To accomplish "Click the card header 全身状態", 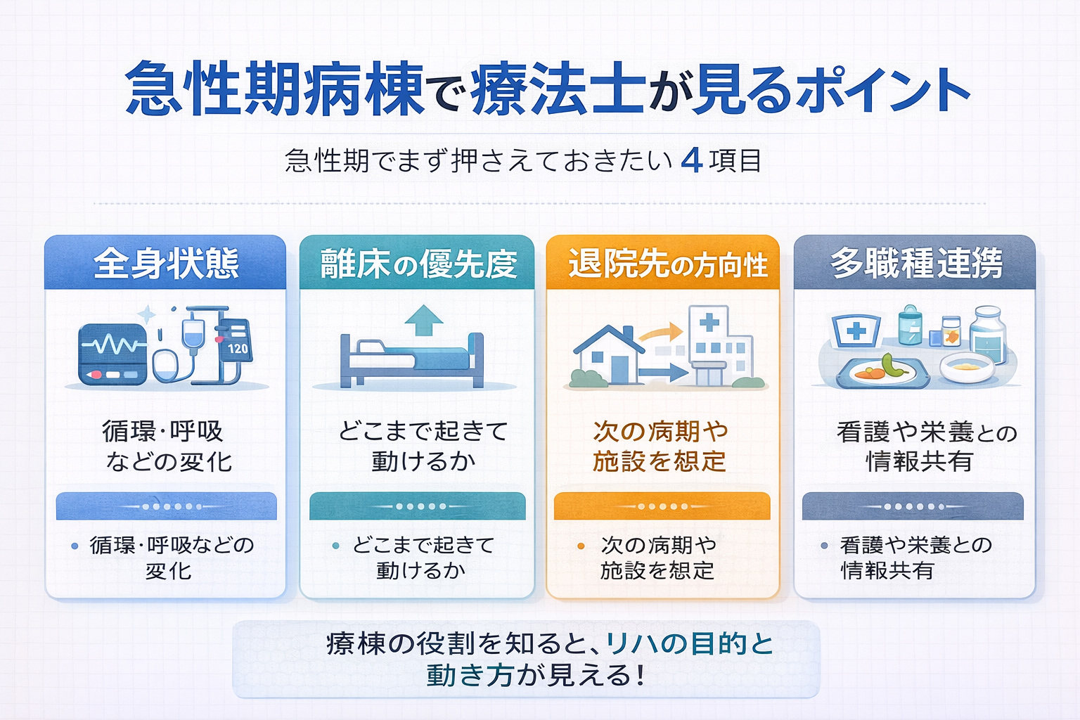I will point(166,264).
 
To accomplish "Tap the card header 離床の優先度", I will point(418,264).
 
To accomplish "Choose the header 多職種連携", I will point(915,264).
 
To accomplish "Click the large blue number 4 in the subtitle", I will point(692,161).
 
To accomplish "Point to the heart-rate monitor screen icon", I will point(112,354).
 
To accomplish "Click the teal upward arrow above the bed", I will point(424,321).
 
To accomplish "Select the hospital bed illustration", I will point(412,360).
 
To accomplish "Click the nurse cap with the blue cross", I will point(855,330).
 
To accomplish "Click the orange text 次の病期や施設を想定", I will point(660,446).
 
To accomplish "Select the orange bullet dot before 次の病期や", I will point(581,546).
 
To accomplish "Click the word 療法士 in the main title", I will point(558,89).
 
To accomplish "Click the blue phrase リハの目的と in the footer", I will point(689,643).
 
